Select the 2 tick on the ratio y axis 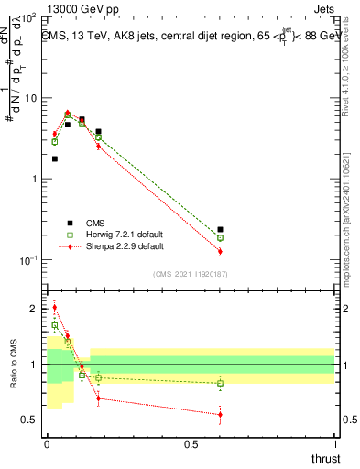pos(33,309)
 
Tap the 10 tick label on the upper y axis pos(29,98)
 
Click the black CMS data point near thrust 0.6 pos(220,230)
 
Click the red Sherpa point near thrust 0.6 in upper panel pos(220,251)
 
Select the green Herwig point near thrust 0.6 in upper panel pos(220,237)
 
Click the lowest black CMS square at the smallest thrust pos(55,158)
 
